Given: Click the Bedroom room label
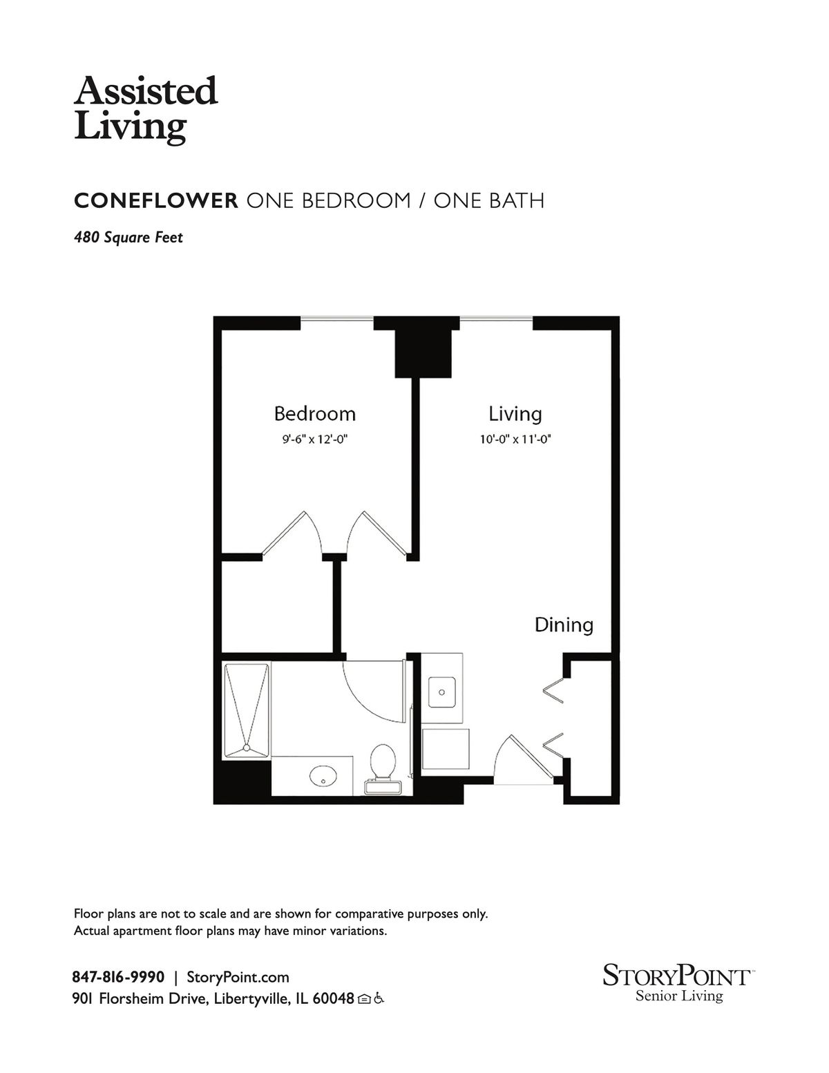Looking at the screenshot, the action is click(x=314, y=413).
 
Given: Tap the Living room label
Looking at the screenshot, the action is click(x=515, y=414).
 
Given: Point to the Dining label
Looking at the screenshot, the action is click(x=564, y=625).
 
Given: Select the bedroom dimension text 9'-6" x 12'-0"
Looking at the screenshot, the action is click(x=315, y=439).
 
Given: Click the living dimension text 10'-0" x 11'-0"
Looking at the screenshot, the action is click(x=515, y=439).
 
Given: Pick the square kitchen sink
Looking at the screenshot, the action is click(x=441, y=692).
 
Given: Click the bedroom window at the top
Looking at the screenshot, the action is click(x=336, y=319).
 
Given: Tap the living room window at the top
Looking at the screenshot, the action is click(x=497, y=319).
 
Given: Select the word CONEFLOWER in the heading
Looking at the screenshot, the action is click(x=156, y=200).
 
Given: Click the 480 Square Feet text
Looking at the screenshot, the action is click(x=128, y=238).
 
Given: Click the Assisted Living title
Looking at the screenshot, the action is click(x=146, y=110).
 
